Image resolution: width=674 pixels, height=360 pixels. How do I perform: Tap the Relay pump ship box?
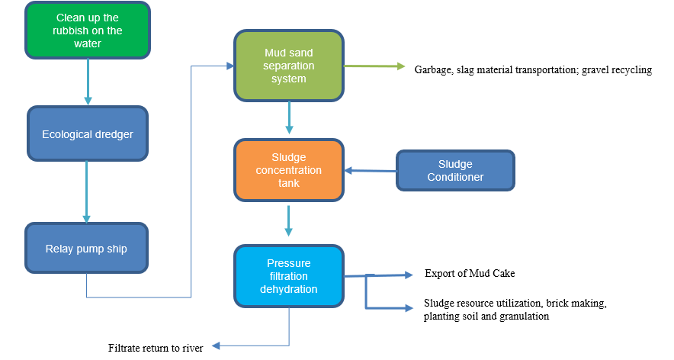[x=86, y=249]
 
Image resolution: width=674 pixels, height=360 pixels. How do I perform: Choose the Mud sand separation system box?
[x=289, y=66]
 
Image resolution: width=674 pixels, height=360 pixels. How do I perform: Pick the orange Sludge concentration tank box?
[x=289, y=170]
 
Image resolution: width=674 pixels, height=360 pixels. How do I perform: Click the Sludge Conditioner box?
[x=455, y=170]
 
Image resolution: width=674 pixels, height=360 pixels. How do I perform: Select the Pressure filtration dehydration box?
[x=289, y=276]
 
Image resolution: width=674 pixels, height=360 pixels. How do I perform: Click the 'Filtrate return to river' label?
[x=156, y=349]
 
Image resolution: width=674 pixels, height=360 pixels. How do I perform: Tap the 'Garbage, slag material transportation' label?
[x=496, y=69]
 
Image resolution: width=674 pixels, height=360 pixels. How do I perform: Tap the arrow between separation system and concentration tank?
[x=289, y=118]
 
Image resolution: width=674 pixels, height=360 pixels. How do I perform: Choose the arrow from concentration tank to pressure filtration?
[x=289, y=221]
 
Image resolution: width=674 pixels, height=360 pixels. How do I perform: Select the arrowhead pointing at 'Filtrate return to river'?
[x=216, y=346]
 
